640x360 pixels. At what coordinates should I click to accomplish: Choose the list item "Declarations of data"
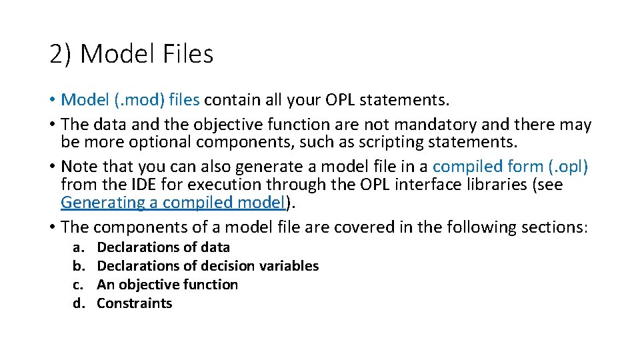point(163,247)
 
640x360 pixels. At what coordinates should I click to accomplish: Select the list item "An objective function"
point(167,285)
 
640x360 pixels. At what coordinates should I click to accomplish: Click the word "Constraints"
point(135,303)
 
